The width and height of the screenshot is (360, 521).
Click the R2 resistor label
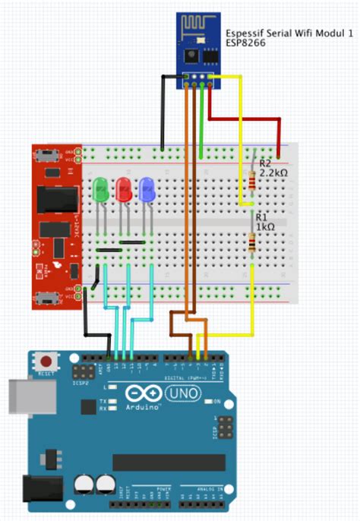click(x=265, y=163)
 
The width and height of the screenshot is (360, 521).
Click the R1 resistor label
click(x=261, y=217)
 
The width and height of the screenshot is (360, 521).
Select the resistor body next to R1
click(x=252, y=242)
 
